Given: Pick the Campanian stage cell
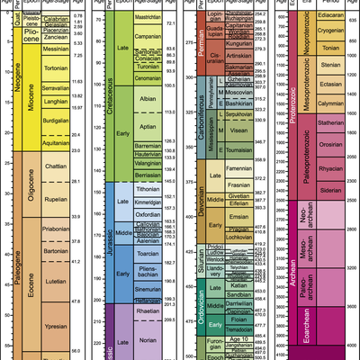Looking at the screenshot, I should [x=148, y=40].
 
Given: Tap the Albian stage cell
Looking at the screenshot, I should [x=148, y=99].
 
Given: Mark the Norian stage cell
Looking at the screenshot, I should [x=148, y=341].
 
